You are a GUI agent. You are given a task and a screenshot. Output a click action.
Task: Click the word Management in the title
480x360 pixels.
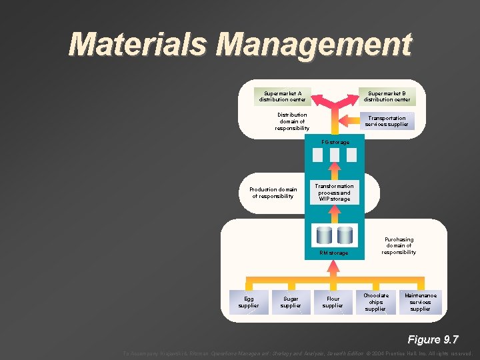315,45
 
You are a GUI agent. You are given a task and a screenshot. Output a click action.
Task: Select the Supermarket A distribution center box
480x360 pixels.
282,97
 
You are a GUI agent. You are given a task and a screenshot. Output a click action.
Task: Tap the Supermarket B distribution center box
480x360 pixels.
387,97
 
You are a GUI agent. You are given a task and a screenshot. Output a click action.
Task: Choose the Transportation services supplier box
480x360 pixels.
387,121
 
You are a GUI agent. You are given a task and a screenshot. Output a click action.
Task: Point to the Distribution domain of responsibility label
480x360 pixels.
292,121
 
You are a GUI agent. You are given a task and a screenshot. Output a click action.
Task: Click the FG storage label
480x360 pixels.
335,142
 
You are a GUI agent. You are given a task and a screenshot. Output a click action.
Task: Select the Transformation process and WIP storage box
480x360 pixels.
334,193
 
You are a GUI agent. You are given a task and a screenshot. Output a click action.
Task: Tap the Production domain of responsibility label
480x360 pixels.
273,193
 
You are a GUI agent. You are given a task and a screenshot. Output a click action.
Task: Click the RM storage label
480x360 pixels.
333,253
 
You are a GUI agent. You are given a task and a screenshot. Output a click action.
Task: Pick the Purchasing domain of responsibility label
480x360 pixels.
399,246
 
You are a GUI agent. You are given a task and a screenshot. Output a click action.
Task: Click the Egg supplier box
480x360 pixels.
249,302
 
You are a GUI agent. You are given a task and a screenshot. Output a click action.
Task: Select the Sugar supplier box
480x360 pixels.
291,302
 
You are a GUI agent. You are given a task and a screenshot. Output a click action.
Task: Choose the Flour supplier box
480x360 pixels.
333,302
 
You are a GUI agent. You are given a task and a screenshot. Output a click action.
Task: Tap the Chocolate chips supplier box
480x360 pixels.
375,302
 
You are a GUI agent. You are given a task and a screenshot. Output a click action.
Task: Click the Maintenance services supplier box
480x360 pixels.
420,302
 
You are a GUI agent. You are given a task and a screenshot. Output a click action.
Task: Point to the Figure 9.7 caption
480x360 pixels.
433,339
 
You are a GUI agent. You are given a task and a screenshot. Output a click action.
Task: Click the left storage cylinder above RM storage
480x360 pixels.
325,235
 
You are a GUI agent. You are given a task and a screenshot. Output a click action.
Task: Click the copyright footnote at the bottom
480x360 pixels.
297,353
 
